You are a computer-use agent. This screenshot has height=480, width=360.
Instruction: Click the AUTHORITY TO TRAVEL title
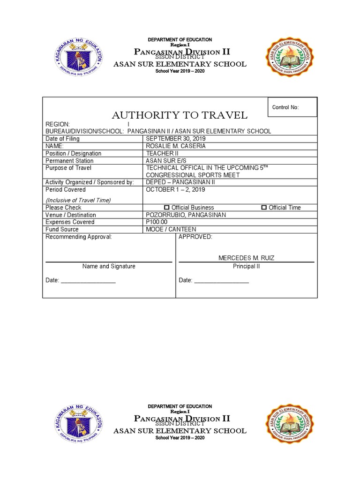click(179, 115)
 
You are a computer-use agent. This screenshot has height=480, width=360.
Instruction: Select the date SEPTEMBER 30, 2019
click(176, 139)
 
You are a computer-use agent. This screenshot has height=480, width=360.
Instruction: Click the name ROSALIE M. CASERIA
click(176, 146)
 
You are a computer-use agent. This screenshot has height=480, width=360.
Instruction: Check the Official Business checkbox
click(166, 208)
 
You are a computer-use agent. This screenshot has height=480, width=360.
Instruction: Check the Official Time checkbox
click(264, 208)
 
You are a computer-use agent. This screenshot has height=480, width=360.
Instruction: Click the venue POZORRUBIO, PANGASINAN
click(186, 215)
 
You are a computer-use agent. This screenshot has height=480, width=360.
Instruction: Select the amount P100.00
click(157, 222)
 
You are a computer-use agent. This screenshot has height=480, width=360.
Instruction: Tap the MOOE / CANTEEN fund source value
click(171, 230)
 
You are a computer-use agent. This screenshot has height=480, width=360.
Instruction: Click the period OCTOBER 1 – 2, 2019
click(175, 190)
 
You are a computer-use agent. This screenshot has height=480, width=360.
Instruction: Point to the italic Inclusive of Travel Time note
click(78, 200)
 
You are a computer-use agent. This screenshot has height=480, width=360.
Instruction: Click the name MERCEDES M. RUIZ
click(247, 258)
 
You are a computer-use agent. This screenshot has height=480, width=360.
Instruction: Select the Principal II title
click(247, 266)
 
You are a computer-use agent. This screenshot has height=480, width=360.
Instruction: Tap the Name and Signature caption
click(109, 266)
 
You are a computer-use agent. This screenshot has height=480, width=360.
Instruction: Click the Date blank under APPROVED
click(221, 281)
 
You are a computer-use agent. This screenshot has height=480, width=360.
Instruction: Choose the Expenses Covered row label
click(70, 222)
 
